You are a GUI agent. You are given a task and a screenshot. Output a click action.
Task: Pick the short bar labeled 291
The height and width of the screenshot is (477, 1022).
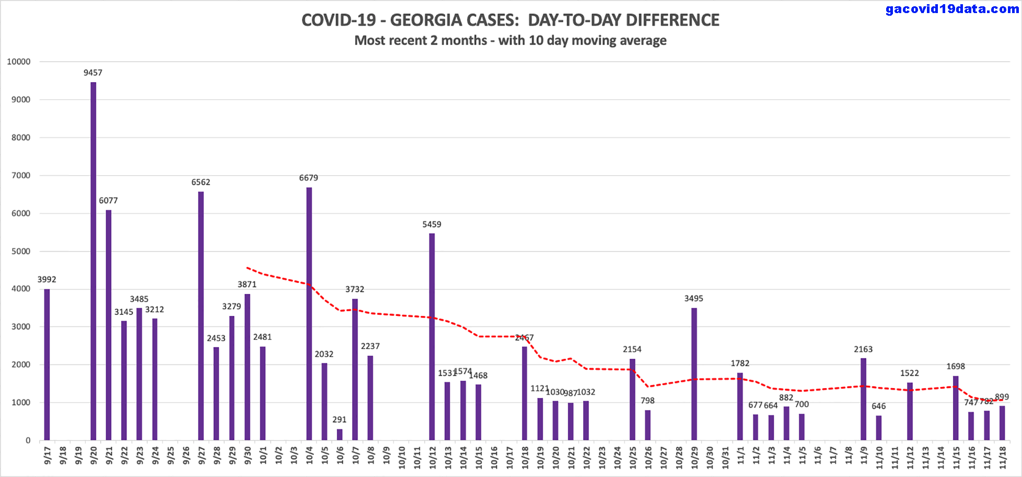pos(340,435)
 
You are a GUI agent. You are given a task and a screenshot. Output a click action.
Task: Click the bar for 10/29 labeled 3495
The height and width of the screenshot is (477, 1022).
pos(694,373)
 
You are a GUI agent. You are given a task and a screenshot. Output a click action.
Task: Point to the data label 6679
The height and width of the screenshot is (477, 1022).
pos(308,178)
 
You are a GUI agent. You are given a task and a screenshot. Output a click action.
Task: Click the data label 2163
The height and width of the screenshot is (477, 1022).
pos(863,349)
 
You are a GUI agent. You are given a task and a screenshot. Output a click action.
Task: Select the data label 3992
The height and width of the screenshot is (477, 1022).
pos(47,279)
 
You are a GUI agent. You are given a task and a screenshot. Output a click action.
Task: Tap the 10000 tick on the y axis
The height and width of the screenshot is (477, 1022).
pos(19,62)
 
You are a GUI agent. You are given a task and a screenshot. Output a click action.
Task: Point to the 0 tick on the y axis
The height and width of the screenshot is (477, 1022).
pos(28,440)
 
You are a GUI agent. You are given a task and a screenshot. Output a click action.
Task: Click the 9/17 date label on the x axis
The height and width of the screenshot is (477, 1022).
pos(48,455)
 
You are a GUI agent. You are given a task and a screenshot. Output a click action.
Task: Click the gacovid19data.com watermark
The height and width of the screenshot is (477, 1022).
pos(952,9)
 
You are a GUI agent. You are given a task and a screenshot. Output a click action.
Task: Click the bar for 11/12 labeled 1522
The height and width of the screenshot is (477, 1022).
pos(910,411)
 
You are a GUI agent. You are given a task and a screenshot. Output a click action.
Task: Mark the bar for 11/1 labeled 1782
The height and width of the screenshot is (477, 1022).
pos(740,406)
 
